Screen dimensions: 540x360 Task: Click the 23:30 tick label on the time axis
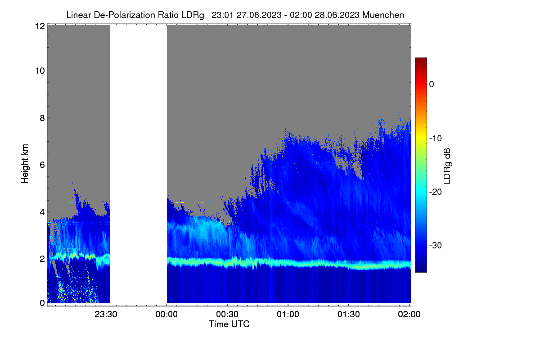(x=106, y=314)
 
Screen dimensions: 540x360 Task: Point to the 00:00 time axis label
(x=166, y=314)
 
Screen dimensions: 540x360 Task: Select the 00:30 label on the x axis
(x=227, y=314)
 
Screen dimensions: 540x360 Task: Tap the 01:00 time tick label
(x=288, y=314)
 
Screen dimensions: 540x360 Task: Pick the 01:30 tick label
(x=349, y=314)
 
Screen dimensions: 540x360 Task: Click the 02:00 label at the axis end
(x=409, y=314)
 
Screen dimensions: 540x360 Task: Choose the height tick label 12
(x=40, y=26)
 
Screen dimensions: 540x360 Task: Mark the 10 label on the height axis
(x=40, y=71)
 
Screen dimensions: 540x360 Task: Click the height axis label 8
(x=42, y=118)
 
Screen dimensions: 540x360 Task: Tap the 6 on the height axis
(x=42, y=165)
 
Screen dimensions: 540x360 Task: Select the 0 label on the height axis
(x=42, y=303)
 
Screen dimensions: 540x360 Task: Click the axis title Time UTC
(x=229, y=324)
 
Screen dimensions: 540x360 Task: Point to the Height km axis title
(x=25, y=164)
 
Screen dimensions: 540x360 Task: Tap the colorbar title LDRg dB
(x=447, y=166)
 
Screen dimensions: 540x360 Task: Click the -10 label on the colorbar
(x=436, y=139)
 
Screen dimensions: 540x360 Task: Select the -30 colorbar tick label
(x=436, y=245)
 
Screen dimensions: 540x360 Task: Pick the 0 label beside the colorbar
(x=432, y=85)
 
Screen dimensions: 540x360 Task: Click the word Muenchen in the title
(x=383, y=15)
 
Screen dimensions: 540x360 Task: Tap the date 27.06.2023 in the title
(x=259, y=15)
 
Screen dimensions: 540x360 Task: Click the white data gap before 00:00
(x=139, y=164)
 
